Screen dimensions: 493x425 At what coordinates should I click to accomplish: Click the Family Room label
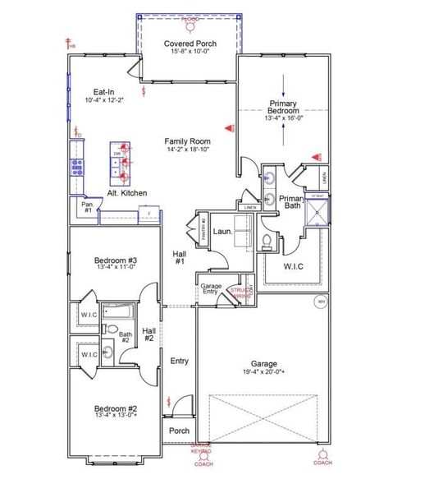pos(187,141)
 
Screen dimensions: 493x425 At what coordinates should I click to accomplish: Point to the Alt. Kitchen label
pos(127,193)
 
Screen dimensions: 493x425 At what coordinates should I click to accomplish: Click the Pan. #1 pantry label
pos(88,208)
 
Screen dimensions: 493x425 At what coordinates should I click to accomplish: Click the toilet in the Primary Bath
pos(267,241)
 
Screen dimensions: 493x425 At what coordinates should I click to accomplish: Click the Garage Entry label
pos(211,289)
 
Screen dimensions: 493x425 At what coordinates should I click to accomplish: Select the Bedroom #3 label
pos(115,260)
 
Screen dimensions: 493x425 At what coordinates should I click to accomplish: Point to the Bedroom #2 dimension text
pos(115,415)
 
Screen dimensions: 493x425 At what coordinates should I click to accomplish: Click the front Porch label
pos(179,431)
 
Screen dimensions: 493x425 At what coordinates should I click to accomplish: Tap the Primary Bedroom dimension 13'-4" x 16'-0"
pos(285,117)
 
